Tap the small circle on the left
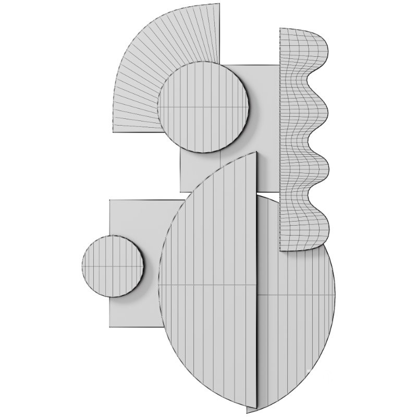pos(113,266)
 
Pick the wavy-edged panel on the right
pos(302,141)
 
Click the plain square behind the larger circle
pos(266,130)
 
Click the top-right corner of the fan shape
pos(219,4)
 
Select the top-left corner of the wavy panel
pos(280,29)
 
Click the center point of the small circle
pos(113,266)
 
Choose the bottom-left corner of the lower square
pos(109,327)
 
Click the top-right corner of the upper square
pos(279,65)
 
